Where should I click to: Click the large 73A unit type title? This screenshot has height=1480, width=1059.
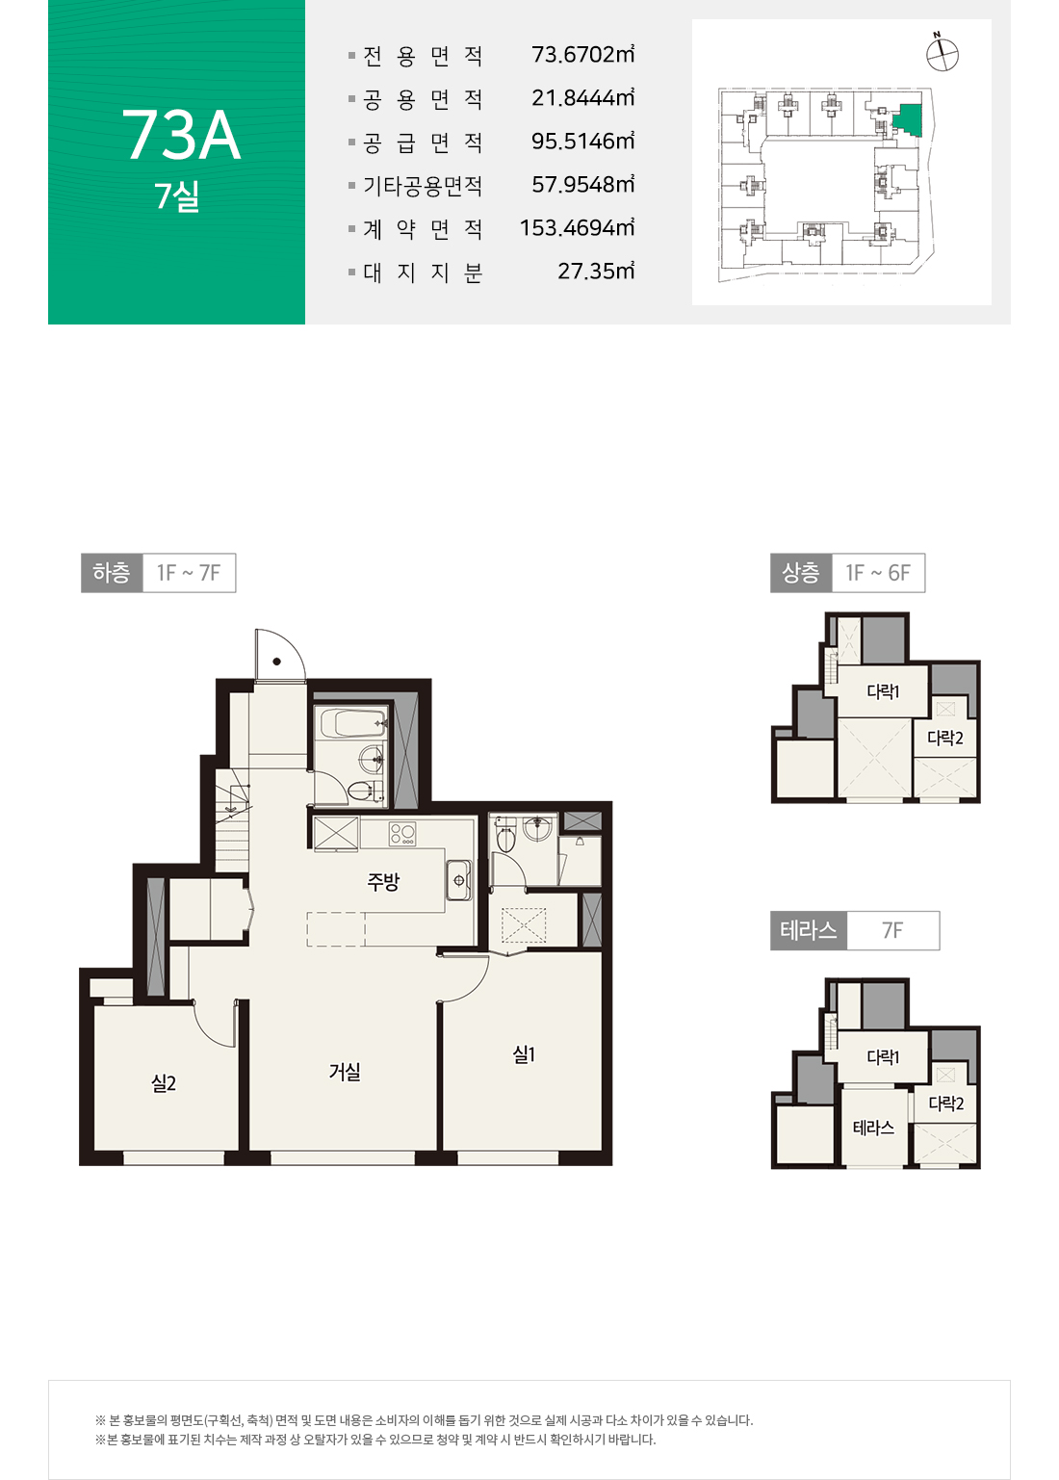[x=181, y=135]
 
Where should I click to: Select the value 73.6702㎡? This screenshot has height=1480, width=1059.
[x=582, y=54]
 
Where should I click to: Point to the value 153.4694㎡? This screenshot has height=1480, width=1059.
[x=577, y=228]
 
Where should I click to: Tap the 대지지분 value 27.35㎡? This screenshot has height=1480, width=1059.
[x=596, y=271]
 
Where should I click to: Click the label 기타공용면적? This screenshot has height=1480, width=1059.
[x=423, y=186]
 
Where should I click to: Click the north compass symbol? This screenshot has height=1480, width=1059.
[x=942, y=53]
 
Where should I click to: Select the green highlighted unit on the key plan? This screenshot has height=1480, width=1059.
[x=909, y=119]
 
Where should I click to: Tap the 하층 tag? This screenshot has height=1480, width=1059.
[x=112, y=573]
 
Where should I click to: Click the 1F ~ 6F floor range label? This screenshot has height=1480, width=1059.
[x=878, y=573]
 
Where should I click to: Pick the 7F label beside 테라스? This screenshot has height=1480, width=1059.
[x=891, y=931]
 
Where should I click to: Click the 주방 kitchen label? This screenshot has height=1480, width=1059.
[x=383, y=881]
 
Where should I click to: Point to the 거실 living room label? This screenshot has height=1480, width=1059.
[x=345, y=1071]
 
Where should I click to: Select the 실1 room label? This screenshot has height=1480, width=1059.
[x=524, y=1053]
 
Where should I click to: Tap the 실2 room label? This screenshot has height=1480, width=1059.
[x=164, y=1083]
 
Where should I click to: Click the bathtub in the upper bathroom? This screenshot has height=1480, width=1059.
[x=352, y=723]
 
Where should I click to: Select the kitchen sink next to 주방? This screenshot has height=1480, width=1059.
[x=458, y=880]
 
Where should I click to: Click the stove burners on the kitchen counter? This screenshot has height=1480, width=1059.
[x=401, y=833]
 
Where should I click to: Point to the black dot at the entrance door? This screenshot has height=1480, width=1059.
[x=277, y=662]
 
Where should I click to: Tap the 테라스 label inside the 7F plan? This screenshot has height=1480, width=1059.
[x=873, y=1128]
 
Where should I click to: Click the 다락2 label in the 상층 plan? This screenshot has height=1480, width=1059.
[x=945, y=738]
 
